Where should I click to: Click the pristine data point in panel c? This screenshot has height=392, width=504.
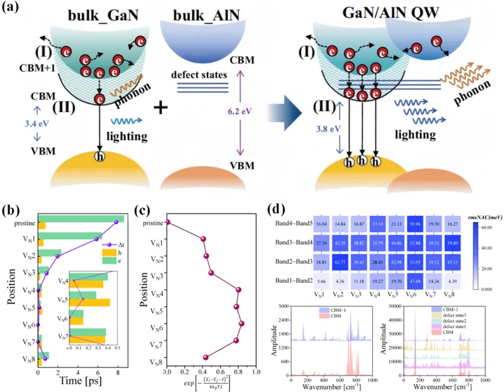(167, 222)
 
